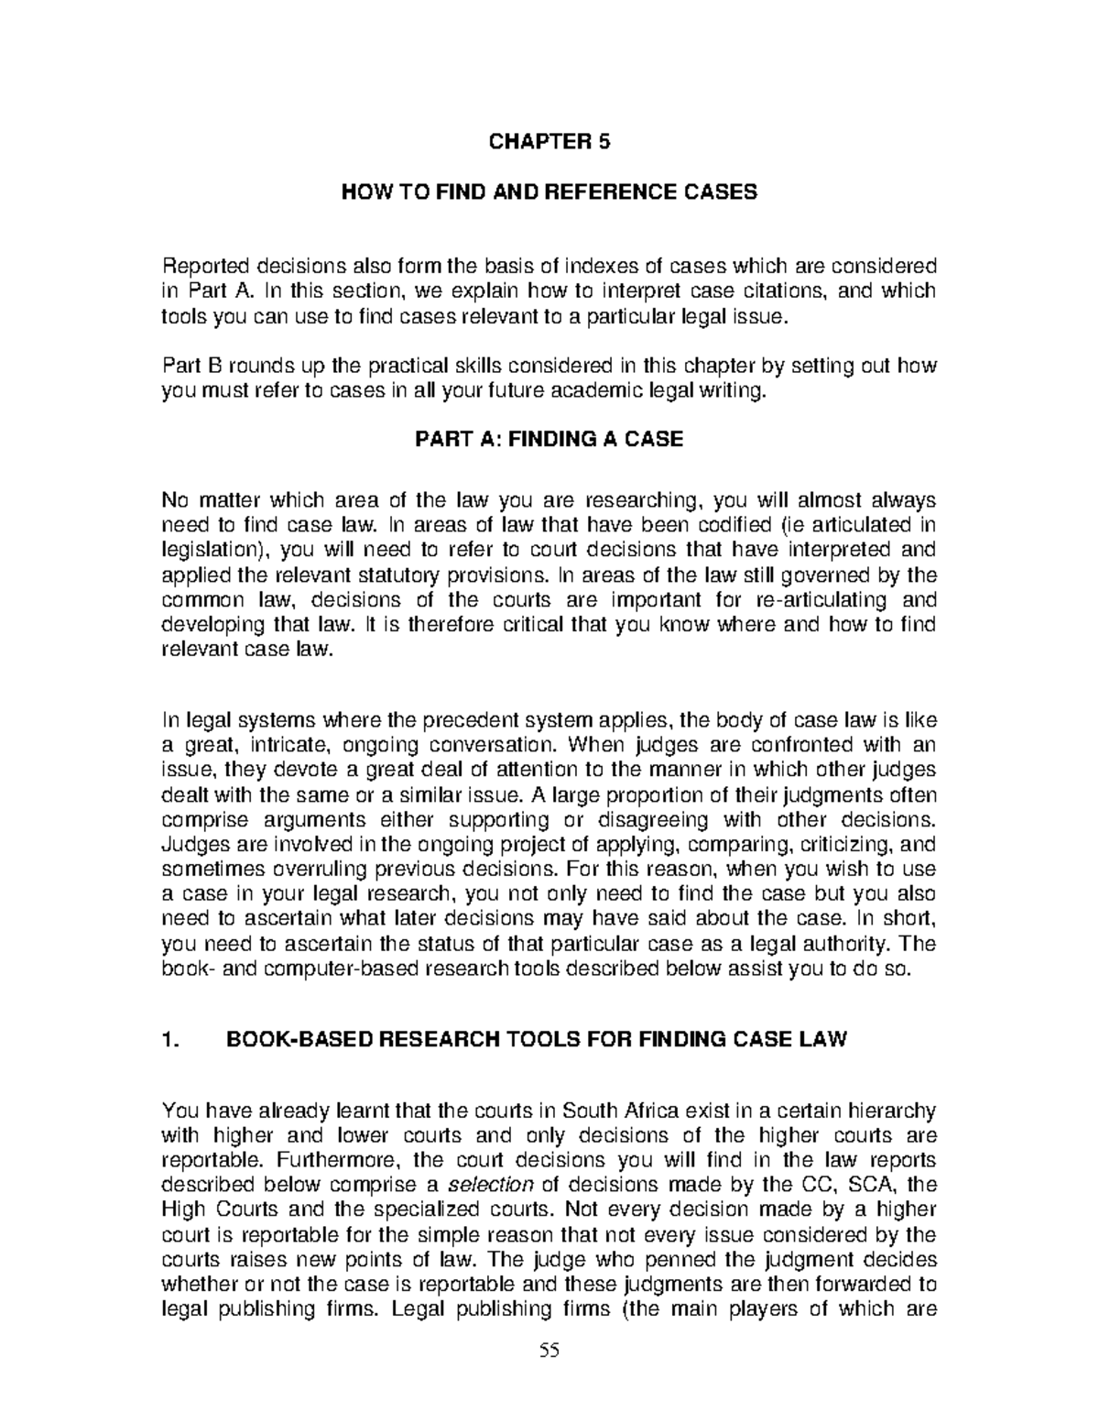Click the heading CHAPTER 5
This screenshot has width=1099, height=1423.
(549, 142)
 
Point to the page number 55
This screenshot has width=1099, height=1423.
(549, 1350)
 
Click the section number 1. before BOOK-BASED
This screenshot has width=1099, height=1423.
(168, 1039)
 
